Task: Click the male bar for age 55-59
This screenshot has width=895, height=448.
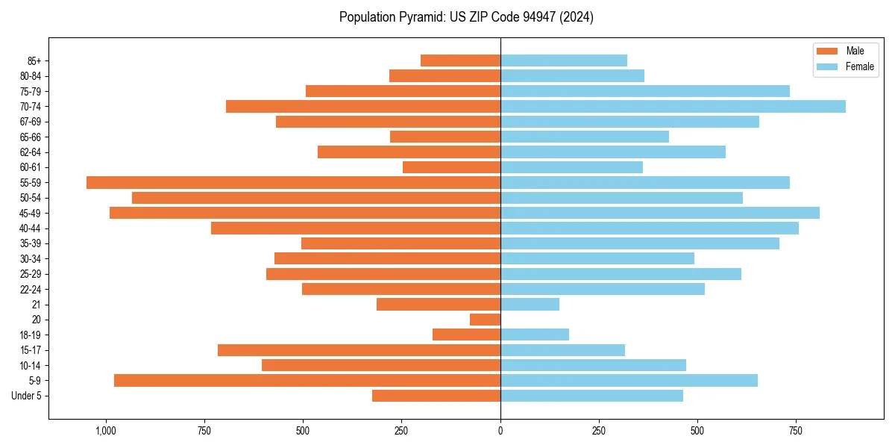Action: [293, 182]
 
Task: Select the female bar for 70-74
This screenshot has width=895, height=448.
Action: [673, 106]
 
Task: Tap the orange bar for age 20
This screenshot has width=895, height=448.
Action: [485, 320]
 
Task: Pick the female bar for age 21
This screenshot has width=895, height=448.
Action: [530, 304]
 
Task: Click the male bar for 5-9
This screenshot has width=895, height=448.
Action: [307, 380]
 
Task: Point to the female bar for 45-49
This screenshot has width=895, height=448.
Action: [660, 213]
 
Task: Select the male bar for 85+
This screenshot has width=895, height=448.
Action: [460, 60]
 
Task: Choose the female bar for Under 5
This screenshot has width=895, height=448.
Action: [591, 396]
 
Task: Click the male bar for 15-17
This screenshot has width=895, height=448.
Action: [359, 350]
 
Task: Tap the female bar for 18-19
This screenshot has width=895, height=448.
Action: [535, 335]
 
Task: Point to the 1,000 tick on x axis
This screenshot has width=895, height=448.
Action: [106, 431]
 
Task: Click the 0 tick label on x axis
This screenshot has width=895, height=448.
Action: [500, 431]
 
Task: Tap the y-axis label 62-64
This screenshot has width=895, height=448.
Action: [31, 152]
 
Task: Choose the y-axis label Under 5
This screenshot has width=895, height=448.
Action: [26, 396]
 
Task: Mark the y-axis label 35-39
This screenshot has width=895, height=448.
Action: [31, 243]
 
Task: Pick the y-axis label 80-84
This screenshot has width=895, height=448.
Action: [31, 76]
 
